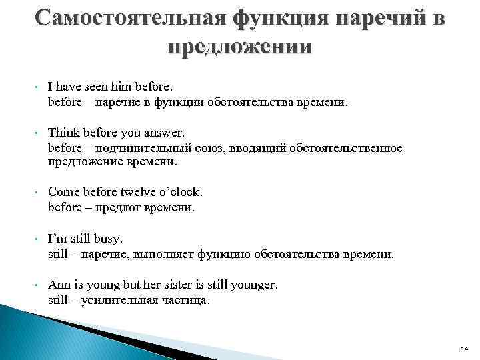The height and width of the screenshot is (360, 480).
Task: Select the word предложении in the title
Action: click(240, 48)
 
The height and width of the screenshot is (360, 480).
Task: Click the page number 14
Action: click(465, 349)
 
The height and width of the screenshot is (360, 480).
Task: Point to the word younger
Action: click(253, 285)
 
